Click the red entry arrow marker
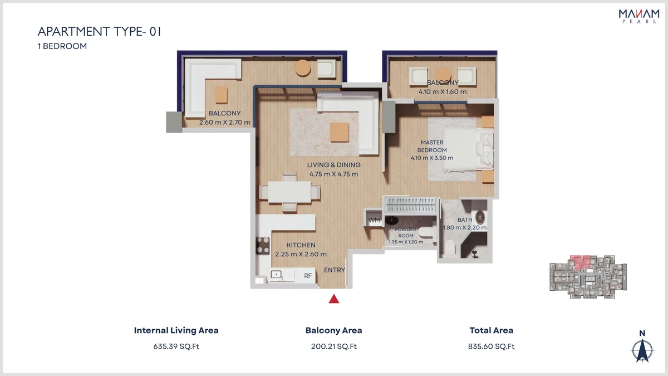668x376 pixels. tap(334, 299)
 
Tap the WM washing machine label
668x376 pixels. tap(374, 220)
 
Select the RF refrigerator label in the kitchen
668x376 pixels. tap(308, 276)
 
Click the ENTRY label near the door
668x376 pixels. tap(335, 270)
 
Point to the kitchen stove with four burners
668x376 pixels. tap(263, 246)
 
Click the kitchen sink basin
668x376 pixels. tap(276, 275)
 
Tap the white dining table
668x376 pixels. tap(289, 192)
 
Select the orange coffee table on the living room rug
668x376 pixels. tap(340, 132)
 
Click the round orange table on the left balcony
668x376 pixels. tap(303, 68)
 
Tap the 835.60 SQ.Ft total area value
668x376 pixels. tap(491, 346)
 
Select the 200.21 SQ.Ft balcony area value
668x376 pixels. tap(333, 346)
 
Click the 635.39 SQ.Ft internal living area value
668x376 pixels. tap(176, 346)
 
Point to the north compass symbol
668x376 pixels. tap(642, 350)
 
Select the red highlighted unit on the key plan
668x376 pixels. tap(580, 262)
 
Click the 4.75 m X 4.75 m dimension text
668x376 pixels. tap(333, 174)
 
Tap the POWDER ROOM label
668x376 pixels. tap(406, 232)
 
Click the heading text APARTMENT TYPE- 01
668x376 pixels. tap(100, 31)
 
